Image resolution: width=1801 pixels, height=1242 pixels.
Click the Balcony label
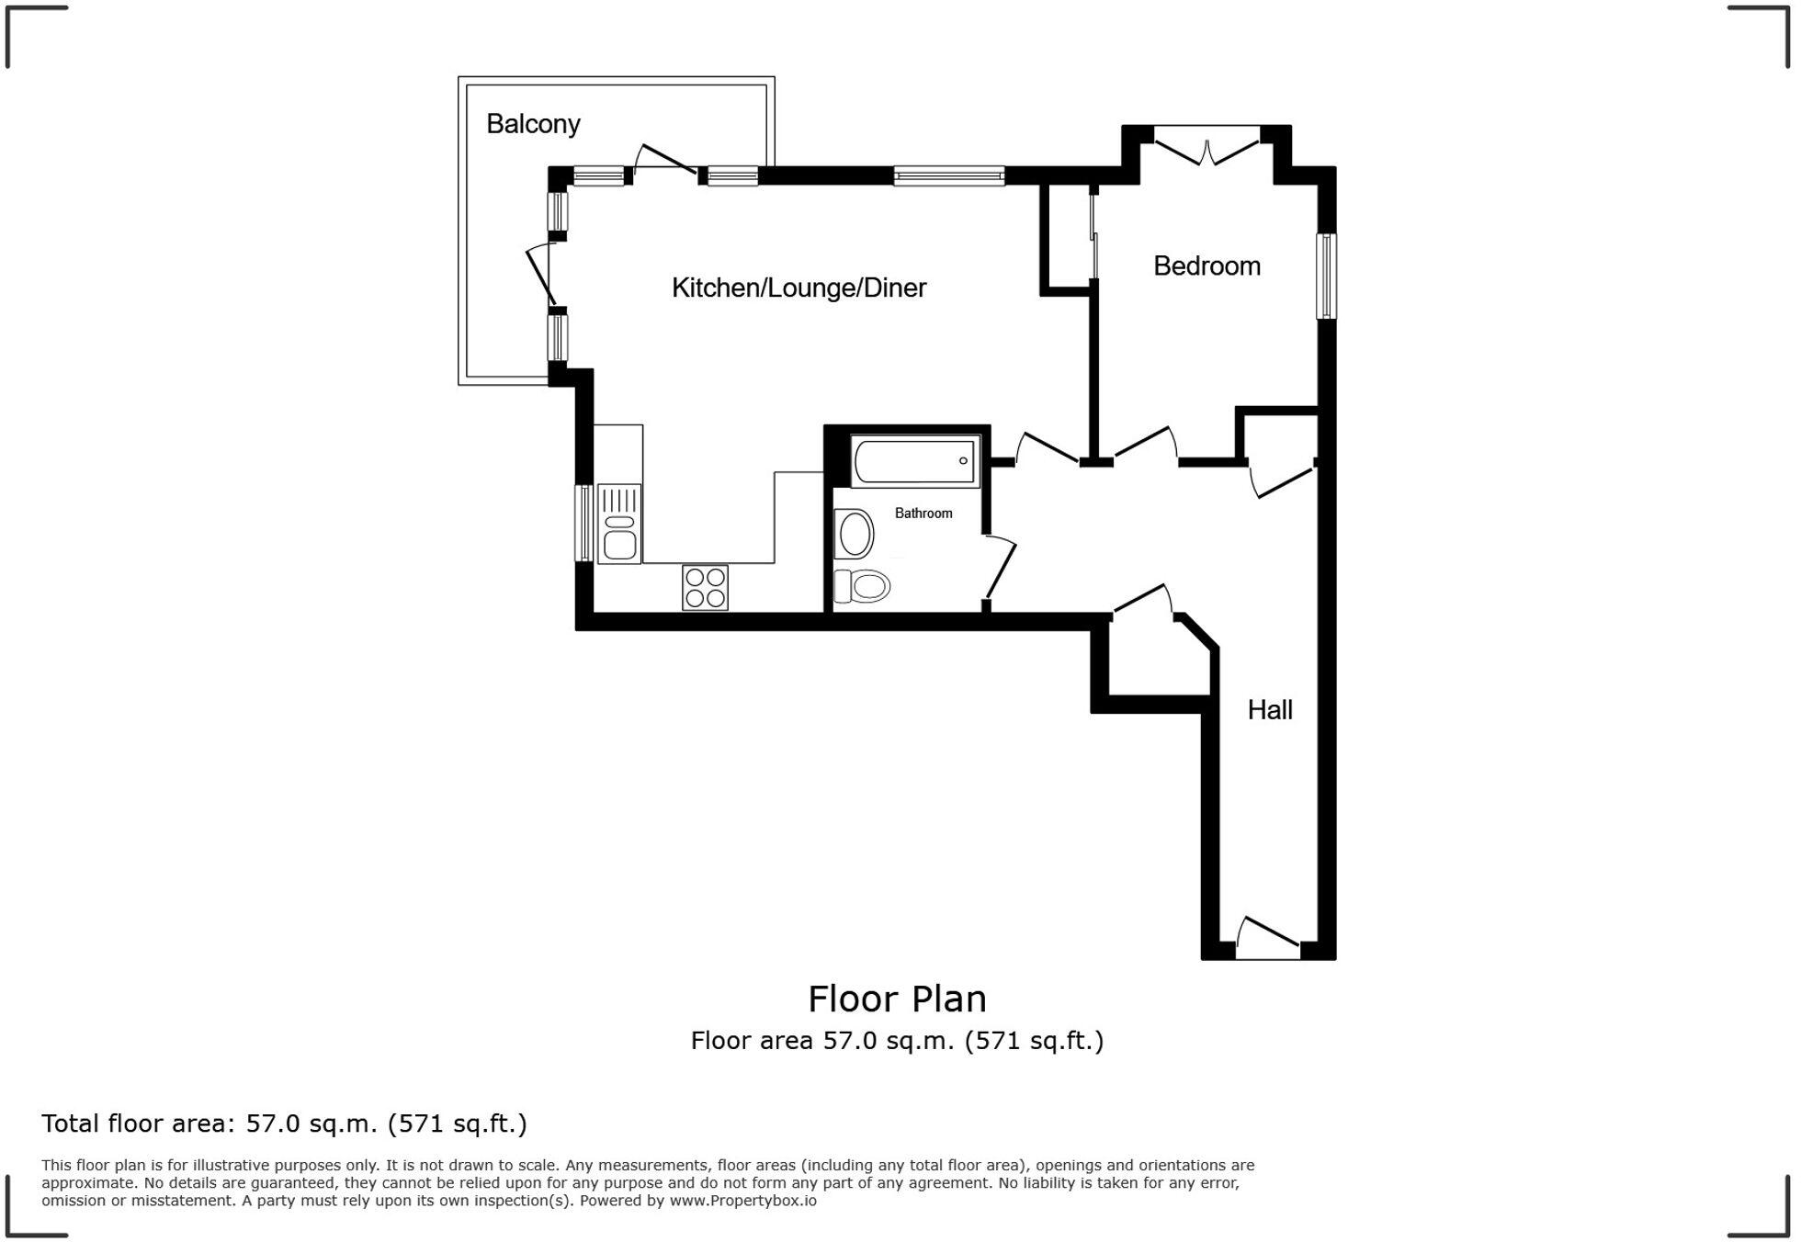[533, 124]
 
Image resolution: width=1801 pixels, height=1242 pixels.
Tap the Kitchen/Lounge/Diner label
[799, 288]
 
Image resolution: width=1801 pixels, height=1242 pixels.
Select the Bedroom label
[1206, 266]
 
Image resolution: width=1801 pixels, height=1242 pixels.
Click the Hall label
[1270, 710]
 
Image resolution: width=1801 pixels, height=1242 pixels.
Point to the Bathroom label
[923, 514]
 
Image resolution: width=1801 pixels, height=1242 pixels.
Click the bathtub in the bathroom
[915, 461]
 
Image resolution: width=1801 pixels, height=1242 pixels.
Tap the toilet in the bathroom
[862, 586]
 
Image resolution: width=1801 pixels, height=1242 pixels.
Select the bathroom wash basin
[855, 534]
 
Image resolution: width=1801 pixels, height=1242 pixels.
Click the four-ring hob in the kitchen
[705, 588]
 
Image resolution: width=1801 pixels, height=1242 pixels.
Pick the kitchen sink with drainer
[619, 525]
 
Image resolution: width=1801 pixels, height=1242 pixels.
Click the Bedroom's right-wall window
[1326, 277]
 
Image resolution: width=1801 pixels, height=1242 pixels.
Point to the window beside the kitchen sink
[583, 523]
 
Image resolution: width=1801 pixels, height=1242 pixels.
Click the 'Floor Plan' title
[897, 999]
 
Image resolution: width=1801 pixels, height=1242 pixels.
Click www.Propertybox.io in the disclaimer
[742, 1201]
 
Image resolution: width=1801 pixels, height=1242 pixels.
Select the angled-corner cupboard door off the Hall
[1142, 601]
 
